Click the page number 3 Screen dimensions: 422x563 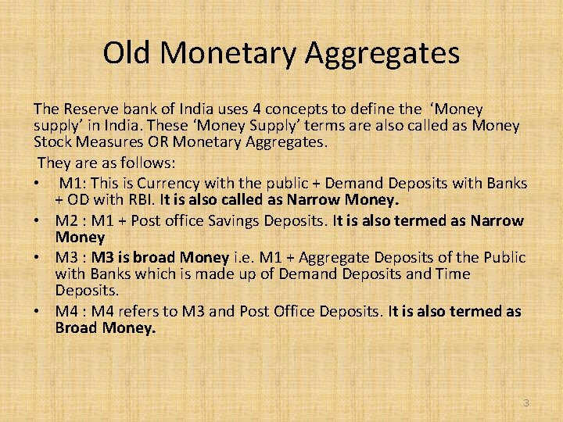pos(525,403)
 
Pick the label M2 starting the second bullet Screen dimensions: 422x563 pos(66,221)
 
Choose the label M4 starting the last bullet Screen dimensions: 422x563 pos(66,312)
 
